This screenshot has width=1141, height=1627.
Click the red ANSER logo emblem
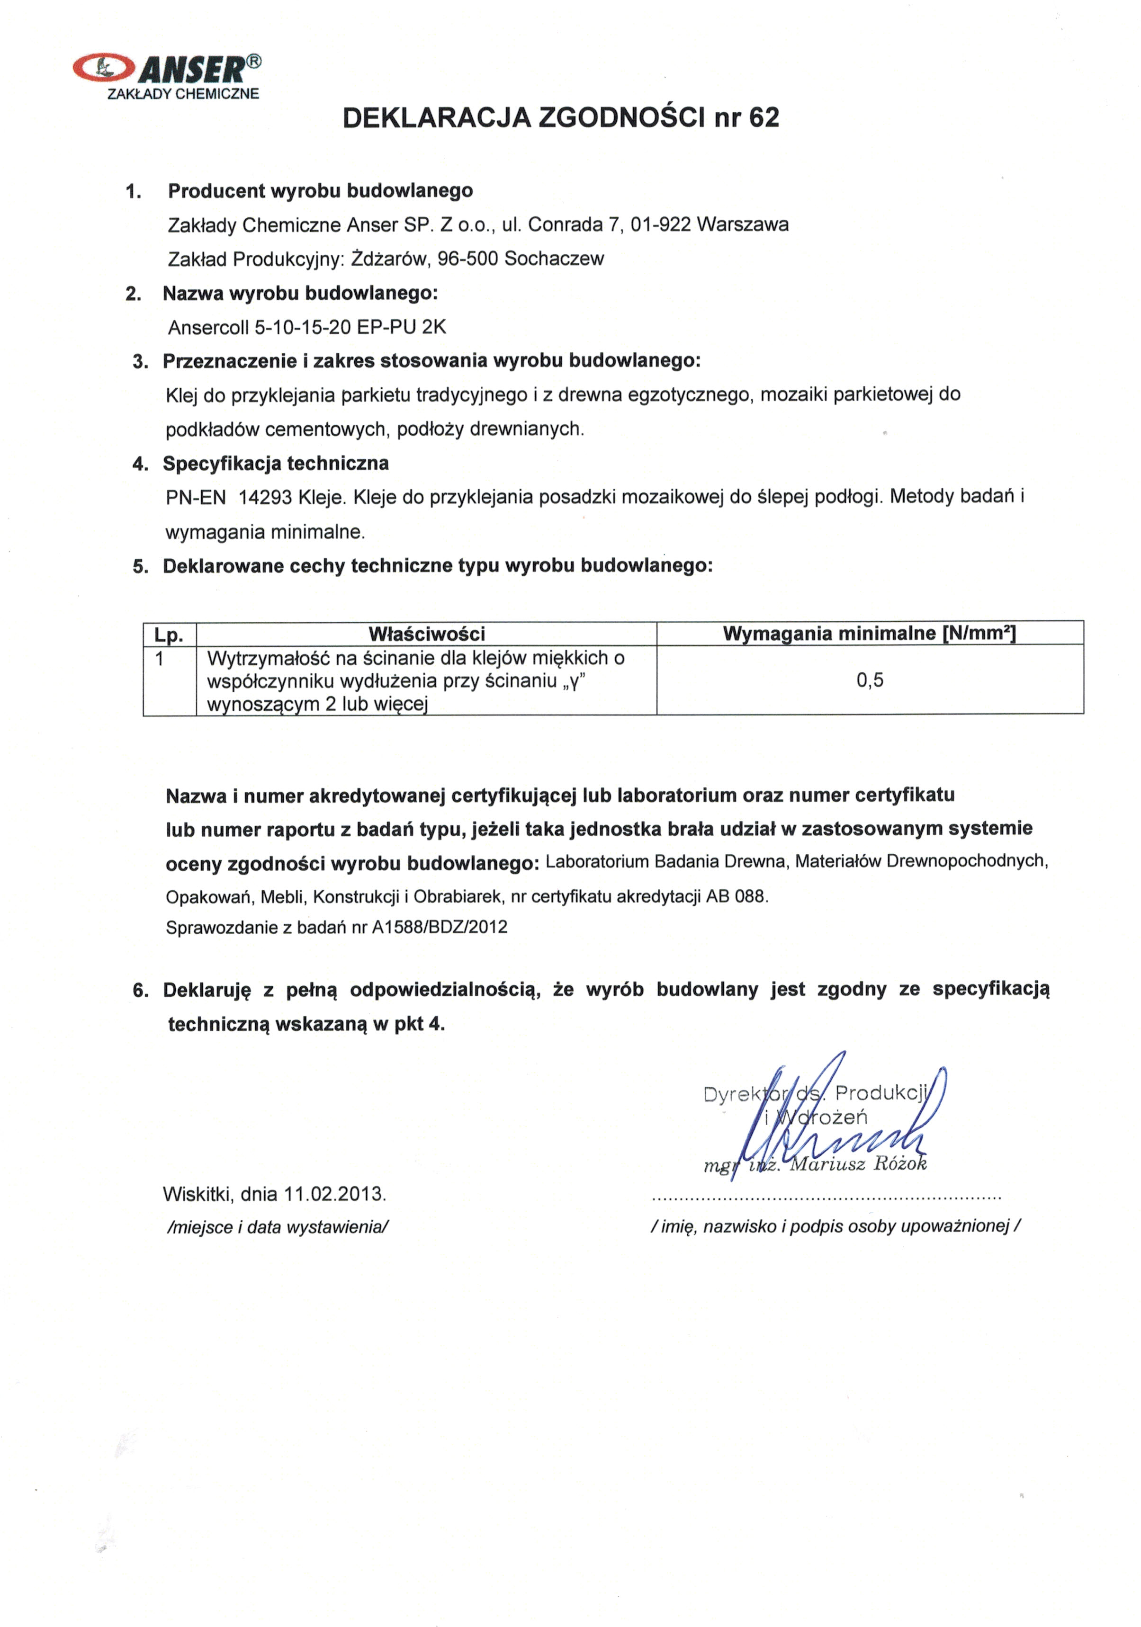tap(103, 67)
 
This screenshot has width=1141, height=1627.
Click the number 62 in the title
tap(763, 117)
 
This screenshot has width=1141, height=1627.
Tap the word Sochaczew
tap(554, 259)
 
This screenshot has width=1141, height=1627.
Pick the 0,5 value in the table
tap(870, 680)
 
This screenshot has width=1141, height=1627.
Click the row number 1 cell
tap(160, 659)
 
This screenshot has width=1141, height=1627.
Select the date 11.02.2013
tap(334, 1194)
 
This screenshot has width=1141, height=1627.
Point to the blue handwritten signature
tap(836, 1126)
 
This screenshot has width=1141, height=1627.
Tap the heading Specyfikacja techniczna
tap(276, 464)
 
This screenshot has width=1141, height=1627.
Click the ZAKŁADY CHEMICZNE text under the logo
tap(183, 94)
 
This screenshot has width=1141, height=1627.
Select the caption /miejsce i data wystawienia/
tap(277, 1227)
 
